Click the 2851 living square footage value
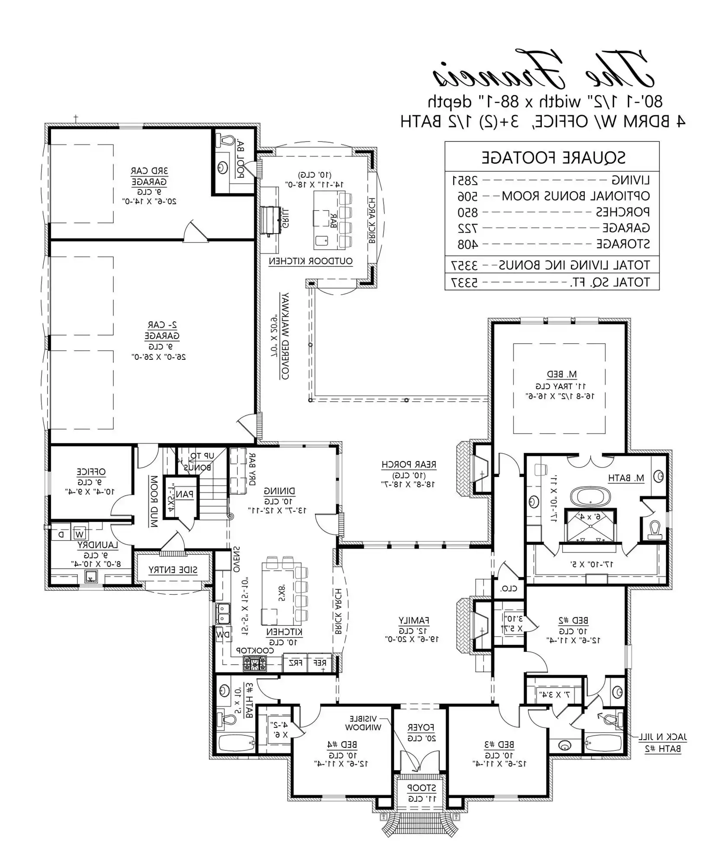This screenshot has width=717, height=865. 465,179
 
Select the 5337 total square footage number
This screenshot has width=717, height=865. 465,282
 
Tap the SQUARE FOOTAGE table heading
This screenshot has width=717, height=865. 554,157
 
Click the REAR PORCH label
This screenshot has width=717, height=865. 409,465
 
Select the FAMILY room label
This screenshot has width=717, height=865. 414,620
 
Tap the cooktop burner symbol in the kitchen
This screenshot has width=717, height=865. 255,663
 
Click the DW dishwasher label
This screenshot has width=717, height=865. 223,634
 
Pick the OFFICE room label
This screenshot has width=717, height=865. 91,471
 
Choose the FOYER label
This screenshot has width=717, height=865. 420,727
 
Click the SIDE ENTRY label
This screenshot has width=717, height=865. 173,570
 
